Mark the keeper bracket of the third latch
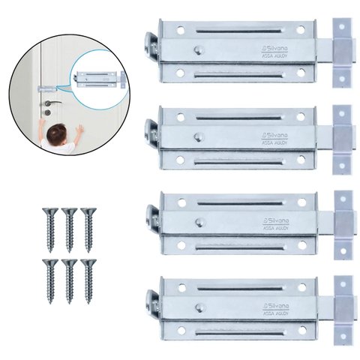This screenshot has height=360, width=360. (343, 222)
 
